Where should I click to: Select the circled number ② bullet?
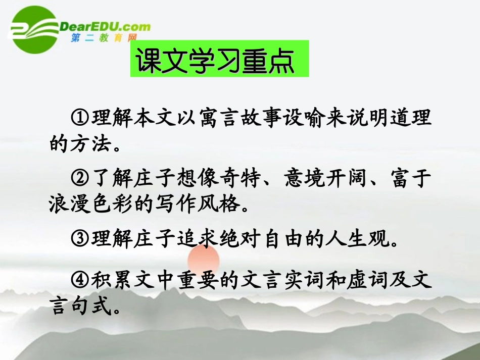point(80,179)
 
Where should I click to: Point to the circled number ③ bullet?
point(80,238)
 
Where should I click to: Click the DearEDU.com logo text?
point(106,26)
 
